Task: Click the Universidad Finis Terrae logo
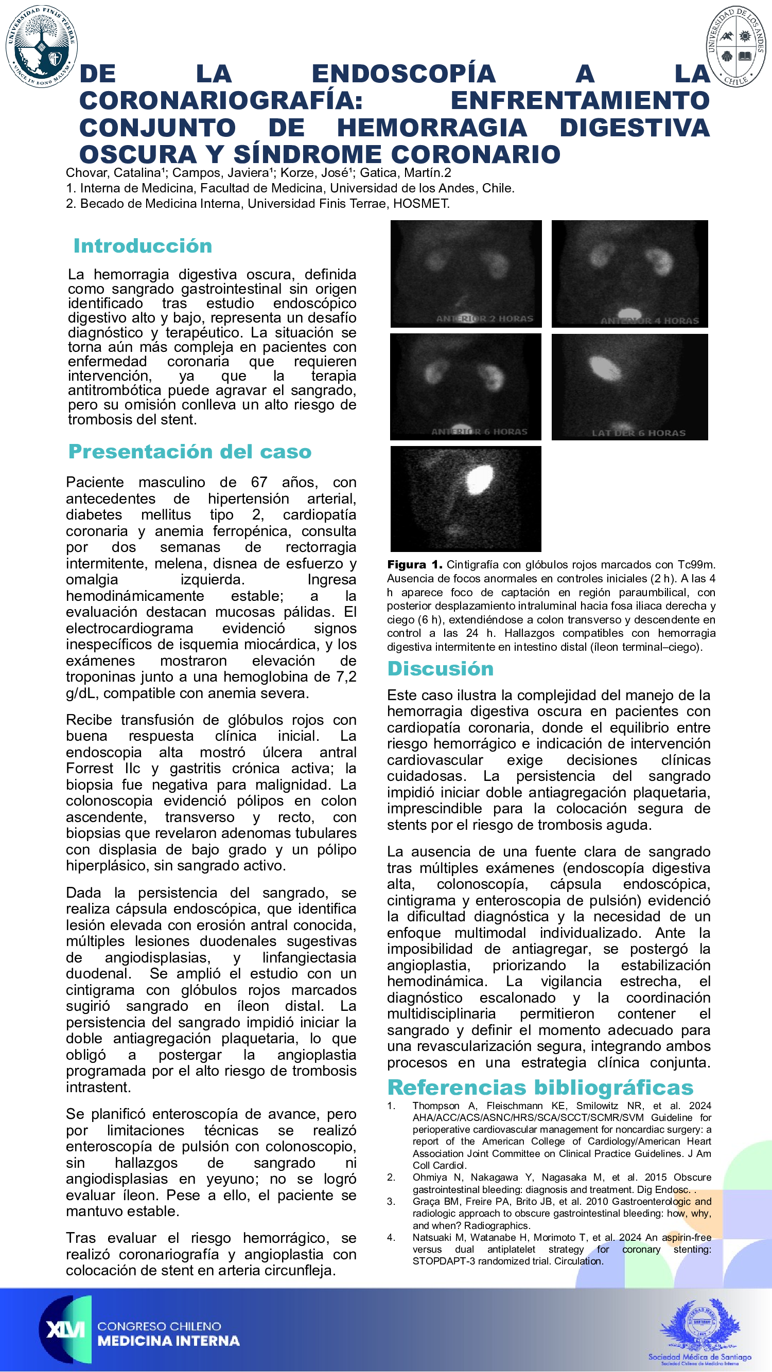tap(42, 46)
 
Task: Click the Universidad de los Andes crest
tap(736, 47)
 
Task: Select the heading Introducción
tap(143, 246)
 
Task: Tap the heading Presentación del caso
tap(190, 452)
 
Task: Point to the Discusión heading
tap(440, 669)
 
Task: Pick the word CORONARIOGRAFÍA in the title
tap(221, 101)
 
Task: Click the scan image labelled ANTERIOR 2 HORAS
tap(466, 274)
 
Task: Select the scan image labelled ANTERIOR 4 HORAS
tap(630, 274)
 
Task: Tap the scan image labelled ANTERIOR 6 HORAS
tap(466, 387)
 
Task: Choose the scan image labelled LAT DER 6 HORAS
tap(630, 387)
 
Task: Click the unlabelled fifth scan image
tap(466, 498)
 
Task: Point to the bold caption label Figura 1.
tap(414, 565)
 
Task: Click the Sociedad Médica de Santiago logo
tap(699, 1331)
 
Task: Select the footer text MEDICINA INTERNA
tap(168, 1341)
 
